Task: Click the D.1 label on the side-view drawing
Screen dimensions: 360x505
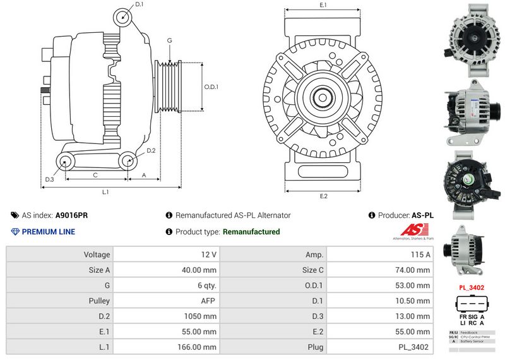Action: pyautogui.click(x=140, y=4)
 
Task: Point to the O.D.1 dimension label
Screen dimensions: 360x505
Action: pyautogui.click(x=211, y=87)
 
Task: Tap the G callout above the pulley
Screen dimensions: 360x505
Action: pyautogui.click(x=169, y=41)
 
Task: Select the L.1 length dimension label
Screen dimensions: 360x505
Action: pyautogui.click(x=105, y=191)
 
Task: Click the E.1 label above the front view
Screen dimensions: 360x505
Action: pyautogui.click(x=323, y=5)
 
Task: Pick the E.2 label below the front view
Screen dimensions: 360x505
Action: pyautogui.click(x=323, y=196)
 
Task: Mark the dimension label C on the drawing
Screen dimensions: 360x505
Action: pyautogui.click(x=95, y=174)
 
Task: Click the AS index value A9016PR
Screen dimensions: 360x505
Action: pyautogui.click(x=72, y=215)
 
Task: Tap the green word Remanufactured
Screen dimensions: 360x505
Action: pyautogui.click(x=251, y=232)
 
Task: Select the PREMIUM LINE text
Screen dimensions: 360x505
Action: pyautogui.click(x=49, y=232)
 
